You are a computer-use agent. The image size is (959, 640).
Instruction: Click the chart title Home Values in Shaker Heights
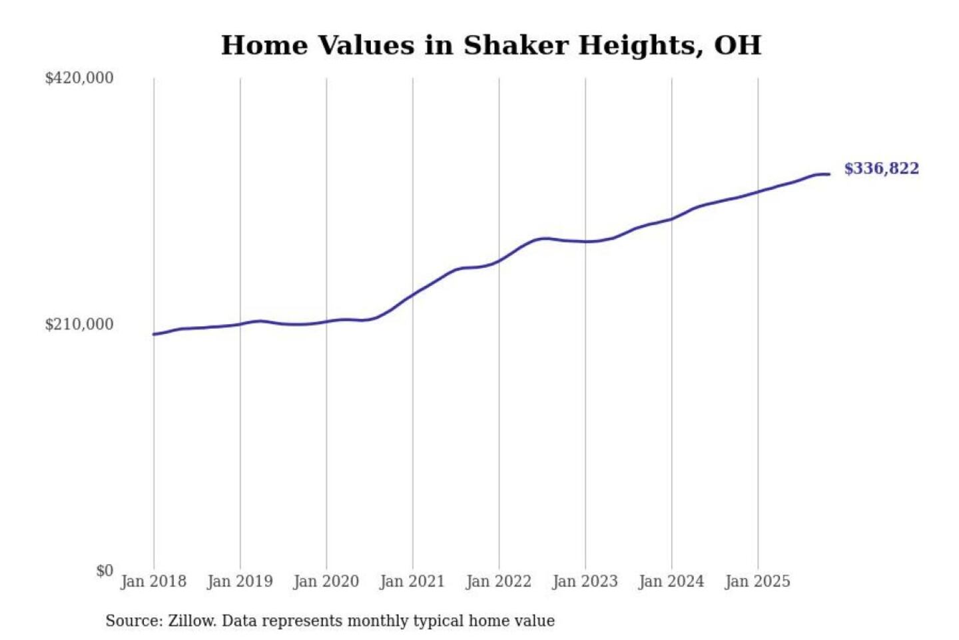[x=491, y=45]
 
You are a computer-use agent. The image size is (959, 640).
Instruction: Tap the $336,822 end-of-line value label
[x=881, y=169]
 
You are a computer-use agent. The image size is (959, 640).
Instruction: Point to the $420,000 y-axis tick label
[x=79, y=78]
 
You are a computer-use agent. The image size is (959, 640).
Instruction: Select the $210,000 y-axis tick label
[x=79, y=325]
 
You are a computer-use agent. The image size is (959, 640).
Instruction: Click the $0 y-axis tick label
[x=105, y=571]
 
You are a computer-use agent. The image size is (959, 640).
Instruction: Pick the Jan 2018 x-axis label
[x=154, y=581]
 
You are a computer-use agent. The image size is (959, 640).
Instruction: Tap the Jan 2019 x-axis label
[x=240, y=581]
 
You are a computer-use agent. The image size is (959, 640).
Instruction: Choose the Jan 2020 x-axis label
[x=326, y=581]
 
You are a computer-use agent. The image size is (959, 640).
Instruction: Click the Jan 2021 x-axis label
[x=412, y=581]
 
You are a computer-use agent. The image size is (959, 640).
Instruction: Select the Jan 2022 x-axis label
[x=499, y=581]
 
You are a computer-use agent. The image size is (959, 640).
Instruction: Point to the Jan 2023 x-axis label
[x=585, y=581]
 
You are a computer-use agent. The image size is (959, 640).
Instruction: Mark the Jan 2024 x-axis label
[x=671, y=581]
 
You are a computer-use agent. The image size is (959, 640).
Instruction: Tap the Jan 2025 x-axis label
[x=758, y=581]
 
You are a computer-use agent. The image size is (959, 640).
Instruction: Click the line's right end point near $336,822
[x=829, y=175]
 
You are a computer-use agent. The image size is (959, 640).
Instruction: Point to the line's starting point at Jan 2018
[x=154, y=334]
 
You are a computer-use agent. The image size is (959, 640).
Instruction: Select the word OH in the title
[x=737, y=45]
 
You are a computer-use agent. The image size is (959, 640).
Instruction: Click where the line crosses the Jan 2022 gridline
[x=499, y=261]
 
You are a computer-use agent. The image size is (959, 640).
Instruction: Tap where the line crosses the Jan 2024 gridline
[x=671, y=219]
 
